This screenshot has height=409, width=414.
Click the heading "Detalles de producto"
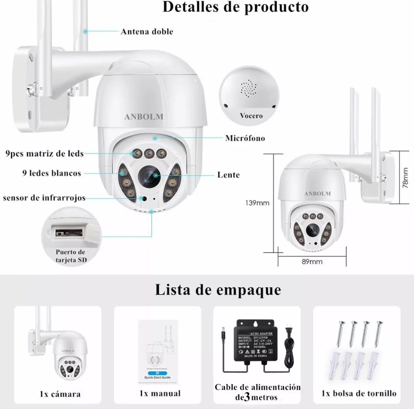pos(235,7)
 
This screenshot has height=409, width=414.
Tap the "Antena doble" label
pos(147,32)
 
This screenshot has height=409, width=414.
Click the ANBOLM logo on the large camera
pos(144,117)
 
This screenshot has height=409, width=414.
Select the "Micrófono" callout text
pos(245,138)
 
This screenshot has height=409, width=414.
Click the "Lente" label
pos(228,175)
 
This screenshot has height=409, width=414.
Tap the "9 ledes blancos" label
pos(52,173)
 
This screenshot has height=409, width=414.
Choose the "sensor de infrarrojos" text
pos(44,198)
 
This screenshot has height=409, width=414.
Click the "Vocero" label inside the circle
pos(251,115)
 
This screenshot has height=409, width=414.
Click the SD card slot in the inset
pos(69,232)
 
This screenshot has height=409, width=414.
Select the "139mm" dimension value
pos(257,203)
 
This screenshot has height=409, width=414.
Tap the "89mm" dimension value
pos(312,262)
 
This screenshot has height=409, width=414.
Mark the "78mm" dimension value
pos(405,177)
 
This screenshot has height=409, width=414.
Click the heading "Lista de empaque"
pos(218,290)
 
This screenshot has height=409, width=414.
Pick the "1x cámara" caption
pos(60,394)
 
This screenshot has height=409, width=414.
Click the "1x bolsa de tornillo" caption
pos(359,393)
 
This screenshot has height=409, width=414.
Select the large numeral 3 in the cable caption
pos(247,397)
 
